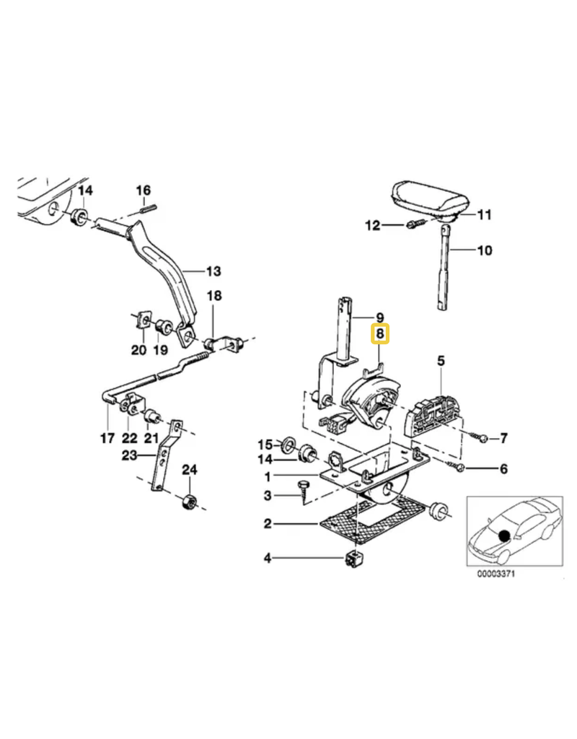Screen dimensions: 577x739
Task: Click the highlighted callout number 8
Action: (380, 334)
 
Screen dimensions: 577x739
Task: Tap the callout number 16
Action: (144, 190)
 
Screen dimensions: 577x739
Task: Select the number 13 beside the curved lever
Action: (213, 271)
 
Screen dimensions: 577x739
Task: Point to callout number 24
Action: (190, 469)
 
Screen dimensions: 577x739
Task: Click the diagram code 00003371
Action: (496, 574)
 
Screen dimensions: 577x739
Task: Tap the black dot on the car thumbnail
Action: (504, 535)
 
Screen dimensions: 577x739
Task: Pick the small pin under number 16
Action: (149, 207)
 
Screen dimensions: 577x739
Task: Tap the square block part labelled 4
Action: (355, 559)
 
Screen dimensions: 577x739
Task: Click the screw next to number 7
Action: (477, 437)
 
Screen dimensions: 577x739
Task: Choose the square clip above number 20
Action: (141, 319)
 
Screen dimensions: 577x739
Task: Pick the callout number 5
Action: (441, 361)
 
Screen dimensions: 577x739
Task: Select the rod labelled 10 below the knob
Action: (444, 267)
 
